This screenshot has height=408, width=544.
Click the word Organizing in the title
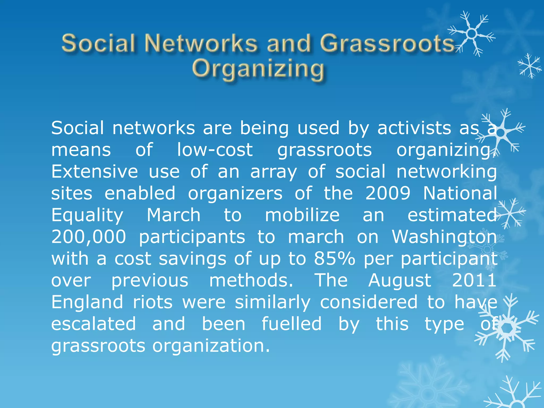coord(258,69)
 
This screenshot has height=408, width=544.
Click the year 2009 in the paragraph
coord(388,193)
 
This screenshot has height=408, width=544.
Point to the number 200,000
coord(89,237)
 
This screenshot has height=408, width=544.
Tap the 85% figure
coord(334,258)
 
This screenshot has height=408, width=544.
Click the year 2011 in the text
coord(474,280)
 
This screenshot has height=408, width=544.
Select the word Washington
coord(444,237)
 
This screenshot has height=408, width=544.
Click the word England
coord(87,303)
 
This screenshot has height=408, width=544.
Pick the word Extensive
coord(95,171)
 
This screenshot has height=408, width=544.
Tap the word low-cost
coord(215,150)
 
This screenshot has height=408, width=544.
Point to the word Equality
coord(87,215)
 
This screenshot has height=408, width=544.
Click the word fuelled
coord(292,324)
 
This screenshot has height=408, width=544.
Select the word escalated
coord(93,324)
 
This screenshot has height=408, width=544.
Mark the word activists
coord(414,128)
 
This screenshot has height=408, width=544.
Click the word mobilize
coord(302,215)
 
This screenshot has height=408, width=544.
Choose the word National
coord(460,193)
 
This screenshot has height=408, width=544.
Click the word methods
coord(251,280)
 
